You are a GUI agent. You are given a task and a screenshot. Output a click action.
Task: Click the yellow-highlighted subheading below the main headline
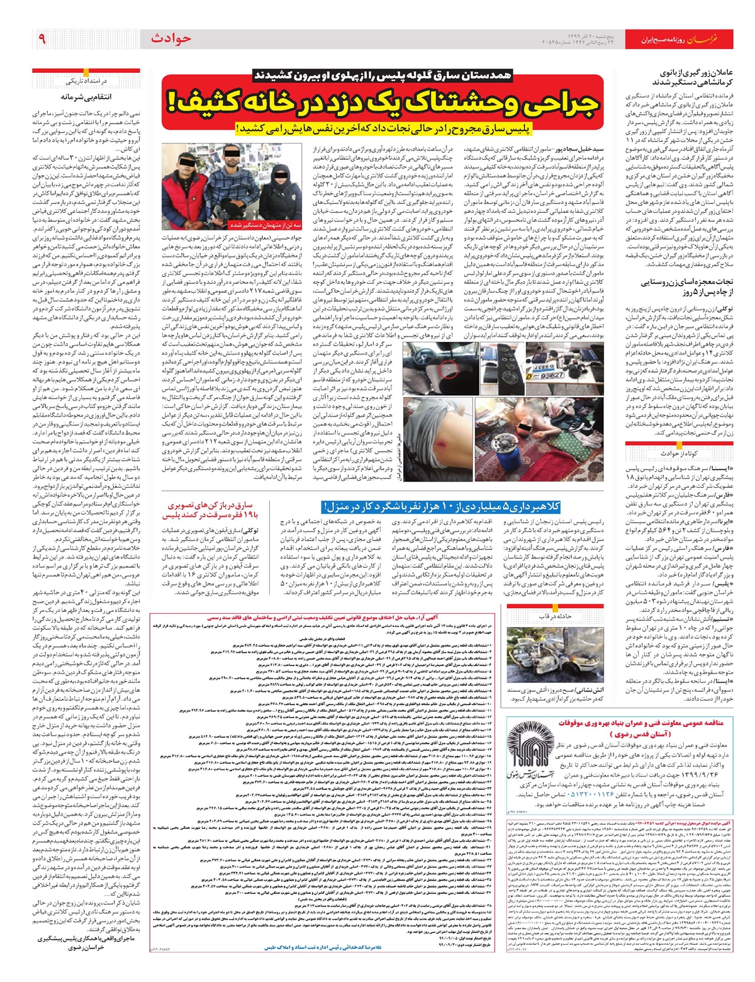(x=384, y=128)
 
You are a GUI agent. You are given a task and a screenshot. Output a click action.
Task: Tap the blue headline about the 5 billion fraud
(x=440, y=507)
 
